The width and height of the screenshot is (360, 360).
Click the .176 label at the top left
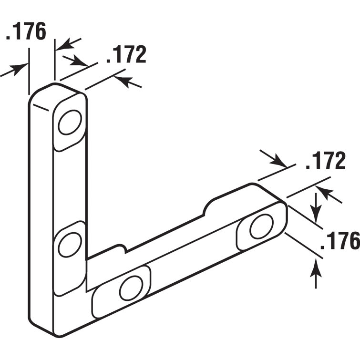point(26,31)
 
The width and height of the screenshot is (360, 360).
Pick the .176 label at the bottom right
point(339,241)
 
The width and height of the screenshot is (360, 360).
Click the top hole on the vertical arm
point(70,123)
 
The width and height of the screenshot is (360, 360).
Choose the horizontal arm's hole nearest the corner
point(130,288)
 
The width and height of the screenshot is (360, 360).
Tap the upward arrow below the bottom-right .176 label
point(315,274)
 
